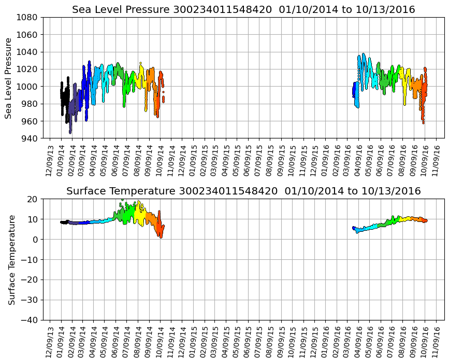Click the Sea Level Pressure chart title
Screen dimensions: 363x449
(x=243, y=10)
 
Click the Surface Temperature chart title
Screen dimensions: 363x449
(x=243, y=191)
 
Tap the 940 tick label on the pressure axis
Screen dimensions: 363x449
(x=30, y=138)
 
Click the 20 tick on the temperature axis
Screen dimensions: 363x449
(x=34, y=199)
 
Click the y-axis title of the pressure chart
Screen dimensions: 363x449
(x=9, y=78)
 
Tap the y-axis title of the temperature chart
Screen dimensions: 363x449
(x=11, y=259)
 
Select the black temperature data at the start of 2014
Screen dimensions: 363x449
(x=64, y=222)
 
